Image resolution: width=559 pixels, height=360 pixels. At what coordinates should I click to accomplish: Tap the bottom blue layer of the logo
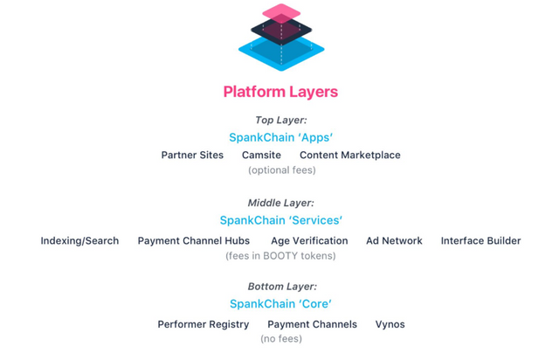point(281,59)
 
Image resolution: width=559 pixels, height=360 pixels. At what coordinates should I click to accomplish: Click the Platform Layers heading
point(280,92)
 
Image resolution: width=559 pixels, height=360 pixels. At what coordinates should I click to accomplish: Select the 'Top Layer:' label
point(281,121)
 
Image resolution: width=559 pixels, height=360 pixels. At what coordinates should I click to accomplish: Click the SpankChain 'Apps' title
point(281,137)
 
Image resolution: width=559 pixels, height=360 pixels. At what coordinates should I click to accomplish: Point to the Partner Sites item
point(192,156)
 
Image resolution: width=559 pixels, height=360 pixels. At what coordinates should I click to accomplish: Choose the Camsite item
point(261,156)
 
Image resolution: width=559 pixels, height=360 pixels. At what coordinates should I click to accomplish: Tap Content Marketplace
point(350,156)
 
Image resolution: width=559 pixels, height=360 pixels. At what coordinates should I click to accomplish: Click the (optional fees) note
point(282,170)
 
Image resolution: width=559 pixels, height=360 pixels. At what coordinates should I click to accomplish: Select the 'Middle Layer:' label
point(281,203)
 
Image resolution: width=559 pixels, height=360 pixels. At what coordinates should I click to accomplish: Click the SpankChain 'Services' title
point(281,220)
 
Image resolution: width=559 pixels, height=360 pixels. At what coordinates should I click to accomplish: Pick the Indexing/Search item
point(79,241)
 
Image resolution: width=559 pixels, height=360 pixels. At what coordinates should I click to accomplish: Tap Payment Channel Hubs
point(194,241)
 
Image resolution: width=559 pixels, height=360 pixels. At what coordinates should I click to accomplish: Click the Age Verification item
point(309,241)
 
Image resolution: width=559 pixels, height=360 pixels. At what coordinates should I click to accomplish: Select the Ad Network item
point(394,241)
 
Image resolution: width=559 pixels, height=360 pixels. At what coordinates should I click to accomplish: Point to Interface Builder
point(481,241)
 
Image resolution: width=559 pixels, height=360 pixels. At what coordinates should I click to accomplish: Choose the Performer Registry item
point(204,324)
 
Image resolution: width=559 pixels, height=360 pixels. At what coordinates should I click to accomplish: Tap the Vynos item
point(390,324)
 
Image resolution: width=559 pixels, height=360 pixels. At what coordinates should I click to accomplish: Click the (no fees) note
point(281,339)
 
